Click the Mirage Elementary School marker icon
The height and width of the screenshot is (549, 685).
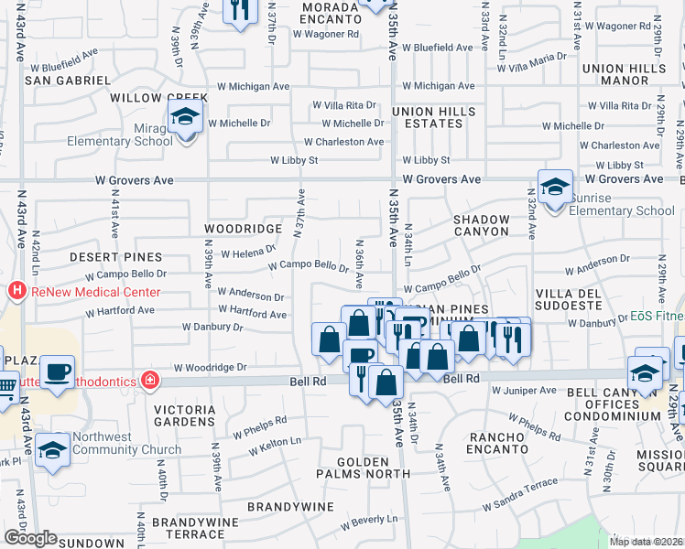click(184, 119)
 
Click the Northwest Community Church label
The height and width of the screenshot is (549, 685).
click(115, 443)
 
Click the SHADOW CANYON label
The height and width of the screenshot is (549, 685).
click(481, 226)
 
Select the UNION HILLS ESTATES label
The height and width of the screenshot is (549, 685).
click(434, 117)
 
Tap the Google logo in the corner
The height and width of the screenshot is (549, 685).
click(29, 538)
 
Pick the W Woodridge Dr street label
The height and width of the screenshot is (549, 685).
click(216, 367)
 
